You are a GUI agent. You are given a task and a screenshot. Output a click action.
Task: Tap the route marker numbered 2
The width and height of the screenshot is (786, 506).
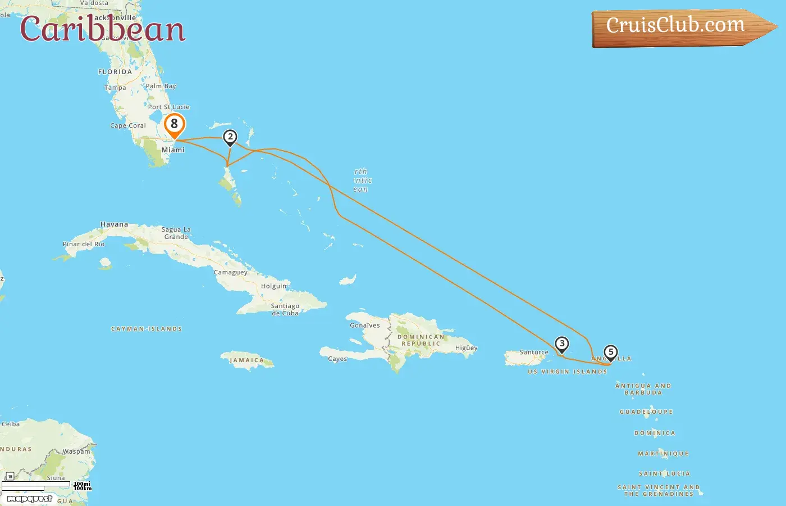230,137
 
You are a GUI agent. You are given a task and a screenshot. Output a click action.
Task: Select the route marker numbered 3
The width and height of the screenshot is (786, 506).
561,344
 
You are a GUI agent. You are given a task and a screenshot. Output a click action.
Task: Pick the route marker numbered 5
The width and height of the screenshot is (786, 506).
611,353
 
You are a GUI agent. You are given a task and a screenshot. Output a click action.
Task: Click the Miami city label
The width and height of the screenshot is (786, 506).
173,150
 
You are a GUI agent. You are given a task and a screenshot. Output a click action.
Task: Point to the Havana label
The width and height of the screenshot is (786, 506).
114,224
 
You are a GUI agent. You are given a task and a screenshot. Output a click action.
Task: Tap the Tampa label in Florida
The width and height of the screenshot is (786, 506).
115,88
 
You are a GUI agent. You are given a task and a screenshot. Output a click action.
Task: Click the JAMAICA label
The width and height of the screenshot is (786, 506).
246,360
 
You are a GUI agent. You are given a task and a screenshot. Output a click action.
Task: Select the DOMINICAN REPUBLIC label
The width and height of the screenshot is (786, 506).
421,340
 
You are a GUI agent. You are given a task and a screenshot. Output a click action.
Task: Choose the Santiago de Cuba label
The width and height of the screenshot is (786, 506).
285,310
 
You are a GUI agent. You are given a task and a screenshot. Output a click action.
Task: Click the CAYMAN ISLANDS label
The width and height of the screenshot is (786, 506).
147,329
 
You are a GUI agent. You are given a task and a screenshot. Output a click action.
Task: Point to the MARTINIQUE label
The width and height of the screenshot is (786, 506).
663,454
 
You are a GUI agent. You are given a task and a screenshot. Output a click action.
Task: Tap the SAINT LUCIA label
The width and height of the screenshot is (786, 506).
664,474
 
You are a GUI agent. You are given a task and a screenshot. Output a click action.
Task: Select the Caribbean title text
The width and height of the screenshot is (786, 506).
103,29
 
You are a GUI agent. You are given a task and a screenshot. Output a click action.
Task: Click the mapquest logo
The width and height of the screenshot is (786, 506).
30,499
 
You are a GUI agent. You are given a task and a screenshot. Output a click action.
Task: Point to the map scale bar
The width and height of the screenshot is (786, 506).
36,485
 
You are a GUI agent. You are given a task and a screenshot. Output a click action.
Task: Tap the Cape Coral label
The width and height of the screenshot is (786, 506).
128,126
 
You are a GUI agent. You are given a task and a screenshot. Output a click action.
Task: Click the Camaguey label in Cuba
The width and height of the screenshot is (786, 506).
231,273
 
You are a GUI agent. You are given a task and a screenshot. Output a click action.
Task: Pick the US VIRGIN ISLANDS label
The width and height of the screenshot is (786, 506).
567,372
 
